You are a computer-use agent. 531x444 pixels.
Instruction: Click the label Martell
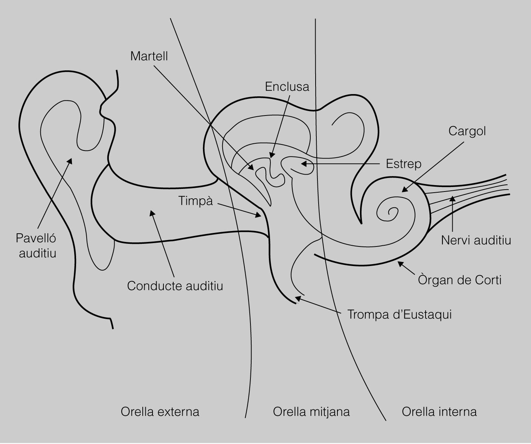pyautogui.click(x=149, y=56)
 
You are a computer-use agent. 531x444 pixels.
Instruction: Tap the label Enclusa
pyautogui.click(x=287, y=87)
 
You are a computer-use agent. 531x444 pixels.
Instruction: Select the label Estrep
pyautogui.click(x=403, y=164)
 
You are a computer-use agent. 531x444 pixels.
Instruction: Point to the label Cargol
pyautogui.click(x=467, y=131)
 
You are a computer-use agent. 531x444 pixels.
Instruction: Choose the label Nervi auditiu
pyautogui.click(x=476, y=240)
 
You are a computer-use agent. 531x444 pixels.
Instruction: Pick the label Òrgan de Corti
pyautogui.click(x=460, y=280)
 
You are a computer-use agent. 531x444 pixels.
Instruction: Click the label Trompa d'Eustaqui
pyautogui.click(x=399, y=314)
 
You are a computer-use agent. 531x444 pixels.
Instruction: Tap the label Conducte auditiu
pyautogui.click(x=175, y=286)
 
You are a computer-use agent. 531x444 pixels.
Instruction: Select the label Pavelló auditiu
pyautogui.click(x=37, y=245)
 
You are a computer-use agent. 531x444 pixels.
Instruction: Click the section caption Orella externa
pyautogui.click(x=160, y=411)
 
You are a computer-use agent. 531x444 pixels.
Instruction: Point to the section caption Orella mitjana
pyautogui.click(x=311, y=411)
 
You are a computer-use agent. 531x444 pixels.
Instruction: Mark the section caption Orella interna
pyautogui.click(x=439, y=411)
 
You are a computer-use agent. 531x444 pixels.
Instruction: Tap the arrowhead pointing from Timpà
pyautogui.click(x=259, y=216)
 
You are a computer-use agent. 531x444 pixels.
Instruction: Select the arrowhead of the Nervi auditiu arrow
pyautogui.click(x=452, y=198)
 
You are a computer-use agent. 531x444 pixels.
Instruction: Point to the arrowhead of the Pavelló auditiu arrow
pyautogui.click(x=70, y=161)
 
